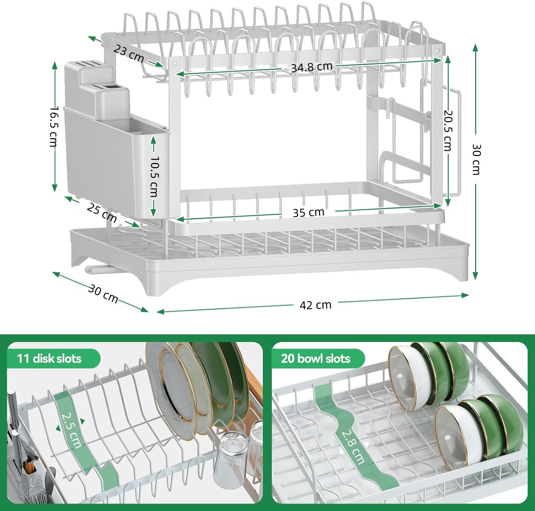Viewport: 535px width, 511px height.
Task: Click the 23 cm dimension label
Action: point(129,53)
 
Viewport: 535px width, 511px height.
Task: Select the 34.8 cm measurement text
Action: point(311,67)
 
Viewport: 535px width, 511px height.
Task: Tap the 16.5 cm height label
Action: point(53,127)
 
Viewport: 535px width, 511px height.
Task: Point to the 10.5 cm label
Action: point(154,176)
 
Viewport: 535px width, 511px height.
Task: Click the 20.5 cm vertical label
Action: point(448,130)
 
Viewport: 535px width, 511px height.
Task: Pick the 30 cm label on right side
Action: point(476,159)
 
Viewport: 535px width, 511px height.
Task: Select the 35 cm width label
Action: point(309,212)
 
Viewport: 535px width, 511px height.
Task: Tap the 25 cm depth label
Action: point(102,213)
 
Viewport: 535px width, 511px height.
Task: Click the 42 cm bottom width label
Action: point(315,305)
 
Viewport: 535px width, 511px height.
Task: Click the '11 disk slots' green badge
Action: point(50,358)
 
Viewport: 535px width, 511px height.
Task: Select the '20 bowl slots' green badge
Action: point(316,358)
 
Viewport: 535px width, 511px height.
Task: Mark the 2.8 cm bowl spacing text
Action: point(353,447)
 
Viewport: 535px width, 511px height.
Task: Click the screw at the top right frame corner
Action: point(437,50)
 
